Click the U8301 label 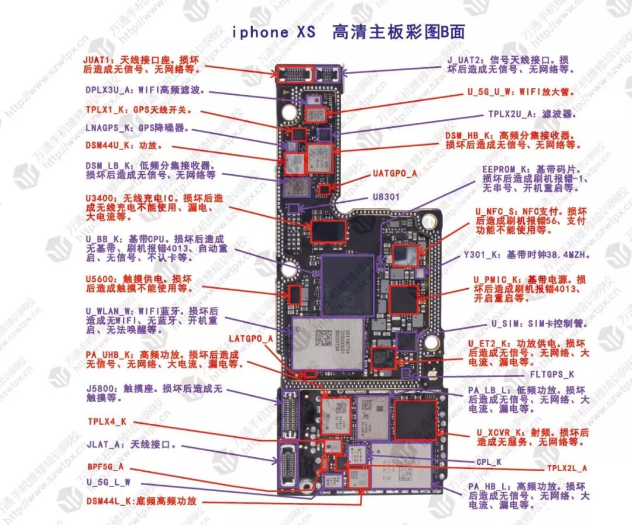point(386,197)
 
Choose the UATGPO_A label point(395,174)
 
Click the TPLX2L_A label point(567,468)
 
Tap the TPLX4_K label point(107,421)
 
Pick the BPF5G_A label point(105,467)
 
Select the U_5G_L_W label point(108,482)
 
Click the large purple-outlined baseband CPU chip point(348,285)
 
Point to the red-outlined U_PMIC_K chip point(403,299)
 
